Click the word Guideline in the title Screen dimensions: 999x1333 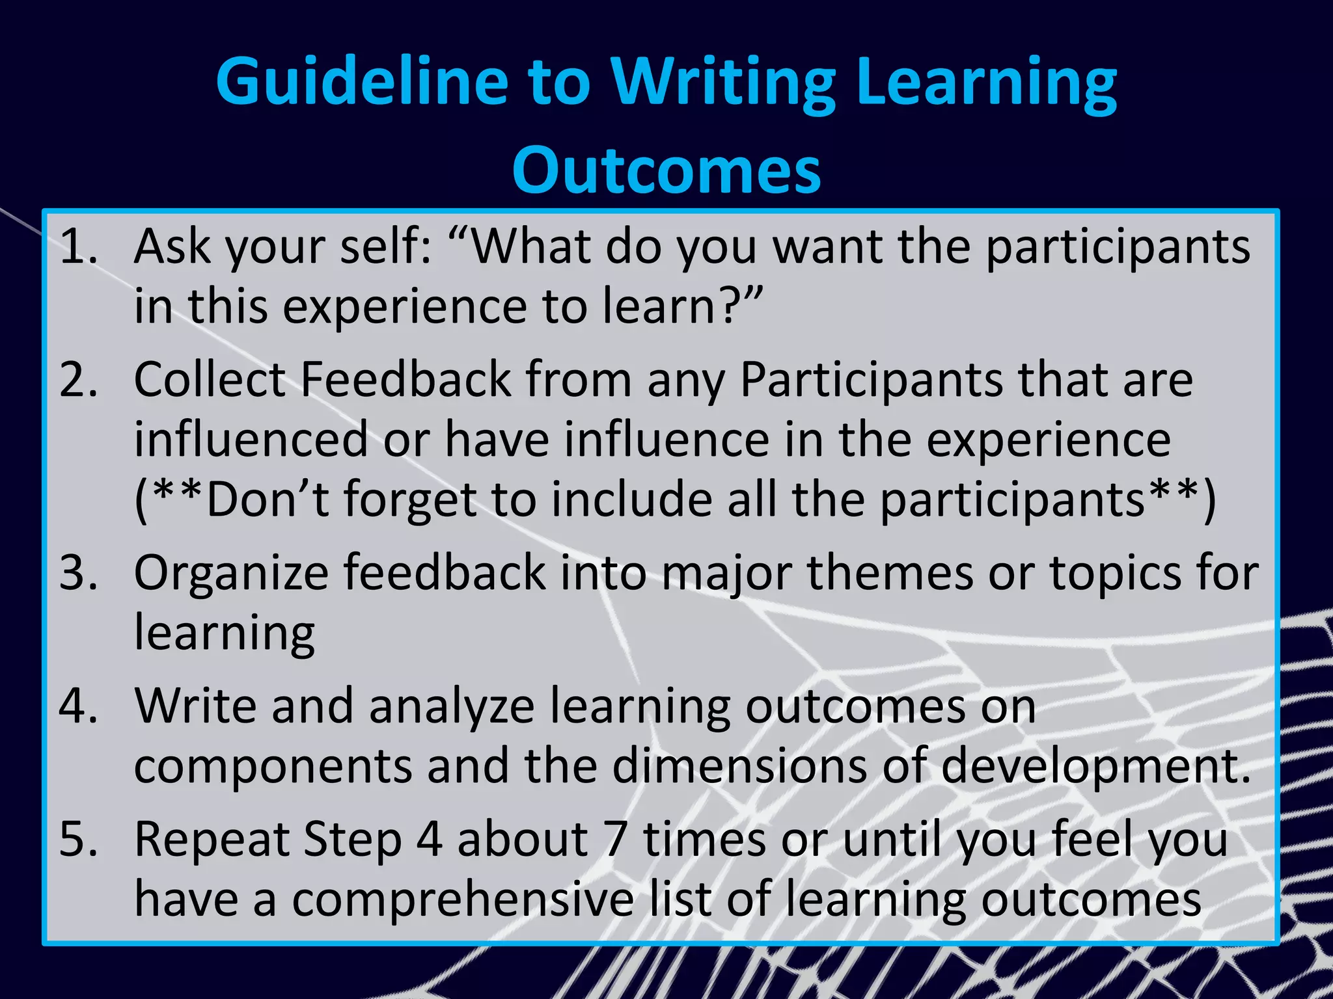pyautogui.click(x=361, y=83)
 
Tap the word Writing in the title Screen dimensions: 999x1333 pyautogui.click(x=722, y=83)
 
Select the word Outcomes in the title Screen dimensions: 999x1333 pyautogui.click(x=666, y=170)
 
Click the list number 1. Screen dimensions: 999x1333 pyautogui.click(x=77, y=247)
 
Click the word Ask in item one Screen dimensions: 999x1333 pyautogui.click(x=172, y=247)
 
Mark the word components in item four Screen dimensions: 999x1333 pyautogui.click(x=273, y=766)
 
